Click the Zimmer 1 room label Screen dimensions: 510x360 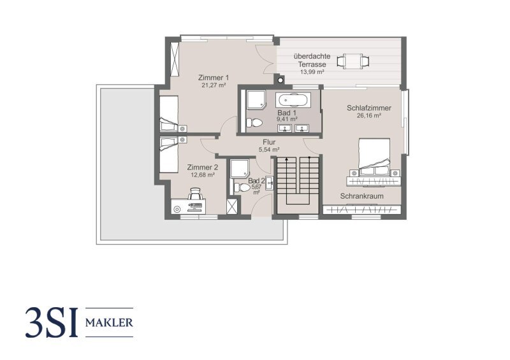(214, 78)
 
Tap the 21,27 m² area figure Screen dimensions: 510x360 (214, 85)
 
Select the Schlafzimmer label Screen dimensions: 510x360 (369, 108)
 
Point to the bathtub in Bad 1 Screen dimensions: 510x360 (293, 100)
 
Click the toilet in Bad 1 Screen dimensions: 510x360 (254, 122)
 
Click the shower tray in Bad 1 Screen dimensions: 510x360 (256, 99)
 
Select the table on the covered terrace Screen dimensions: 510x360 (353, 61)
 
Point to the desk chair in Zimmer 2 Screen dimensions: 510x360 (195, 194)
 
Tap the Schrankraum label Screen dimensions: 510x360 (361, 196)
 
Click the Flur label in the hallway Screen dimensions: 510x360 (269, 142)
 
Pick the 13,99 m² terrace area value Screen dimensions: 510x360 (312, 72)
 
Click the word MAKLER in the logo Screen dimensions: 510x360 (109, 323)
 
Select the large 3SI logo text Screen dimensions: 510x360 (52, 322)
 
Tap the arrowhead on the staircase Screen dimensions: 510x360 (286, 159)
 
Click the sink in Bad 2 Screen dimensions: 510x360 (270, 183)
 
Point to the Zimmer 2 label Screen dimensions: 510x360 (202, 168)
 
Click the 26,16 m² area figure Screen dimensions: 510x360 (369, 115)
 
